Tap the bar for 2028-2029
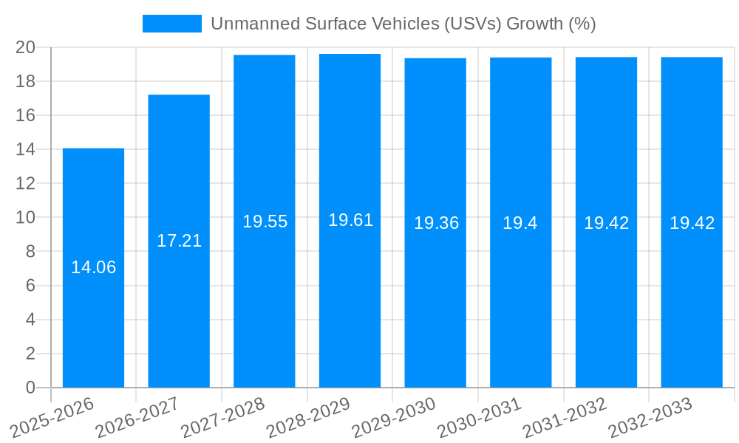(x=350, y=295)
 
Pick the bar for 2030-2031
(x=520, y=295)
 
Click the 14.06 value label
(x=93, y=267)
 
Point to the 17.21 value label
(x=179, y=241)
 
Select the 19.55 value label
(x=265, y=221)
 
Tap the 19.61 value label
(x=350, y=220)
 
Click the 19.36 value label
(x=436, y=223)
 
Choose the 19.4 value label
(x=520, y=223)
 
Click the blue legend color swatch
(x=171, y=24)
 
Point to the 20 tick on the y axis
(x=26, y=47)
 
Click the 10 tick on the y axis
(x=26, y=218)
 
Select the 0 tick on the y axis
(x=30, y=388)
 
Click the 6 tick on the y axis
(x=30, y=286)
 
